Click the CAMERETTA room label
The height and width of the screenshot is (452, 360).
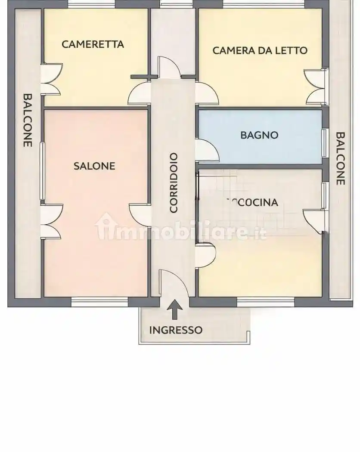[x=93, y=44]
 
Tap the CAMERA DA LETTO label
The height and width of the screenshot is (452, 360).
[x=260, y=50]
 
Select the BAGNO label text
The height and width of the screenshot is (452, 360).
[x=259, y=135]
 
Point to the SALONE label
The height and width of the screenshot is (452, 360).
[x=94, y=166]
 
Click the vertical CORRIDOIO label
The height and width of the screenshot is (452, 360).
[x=174, y=183]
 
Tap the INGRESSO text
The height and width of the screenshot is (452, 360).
[x=175, y=330]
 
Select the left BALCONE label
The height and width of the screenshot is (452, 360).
[x=28, y=120]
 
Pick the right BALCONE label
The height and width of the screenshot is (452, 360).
[x=340, y=158]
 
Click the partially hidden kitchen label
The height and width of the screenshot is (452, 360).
[x=251, y=202]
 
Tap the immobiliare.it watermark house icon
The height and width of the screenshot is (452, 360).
[x=105, y=226]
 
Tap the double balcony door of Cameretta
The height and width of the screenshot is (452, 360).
[x=52, y=79]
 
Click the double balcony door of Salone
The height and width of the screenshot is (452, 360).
[x=52, y=221]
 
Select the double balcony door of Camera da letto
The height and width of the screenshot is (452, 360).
[x=314, y=87]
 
